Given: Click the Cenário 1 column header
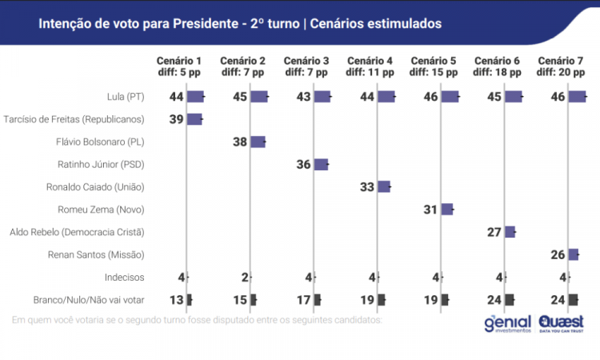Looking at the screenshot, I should click(x=178, y=66).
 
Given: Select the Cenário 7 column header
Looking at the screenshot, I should click(x=561, y=66).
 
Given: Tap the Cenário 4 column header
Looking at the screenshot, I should click(x=370, y=66).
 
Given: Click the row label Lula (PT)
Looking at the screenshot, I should click(x=126, y=97).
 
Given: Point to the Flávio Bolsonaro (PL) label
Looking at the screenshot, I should click(x=105, y=142).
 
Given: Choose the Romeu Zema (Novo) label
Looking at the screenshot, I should click(x=101, y=210).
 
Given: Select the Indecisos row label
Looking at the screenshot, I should click(x=124, y=278).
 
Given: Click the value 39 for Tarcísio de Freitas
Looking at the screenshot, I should click(x=176, y=119).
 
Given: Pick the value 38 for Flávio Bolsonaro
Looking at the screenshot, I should click(x=239, y=142).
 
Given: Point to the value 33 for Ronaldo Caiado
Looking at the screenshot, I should click(x=366, y=187).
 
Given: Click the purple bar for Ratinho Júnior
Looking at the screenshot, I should click(x=321, y=165).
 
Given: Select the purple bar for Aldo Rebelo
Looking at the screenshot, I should click(x=510, y=232).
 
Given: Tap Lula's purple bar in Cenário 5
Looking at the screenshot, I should click(x=450, y=97).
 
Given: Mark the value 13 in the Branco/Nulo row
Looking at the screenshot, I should click(x=176, y=300).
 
